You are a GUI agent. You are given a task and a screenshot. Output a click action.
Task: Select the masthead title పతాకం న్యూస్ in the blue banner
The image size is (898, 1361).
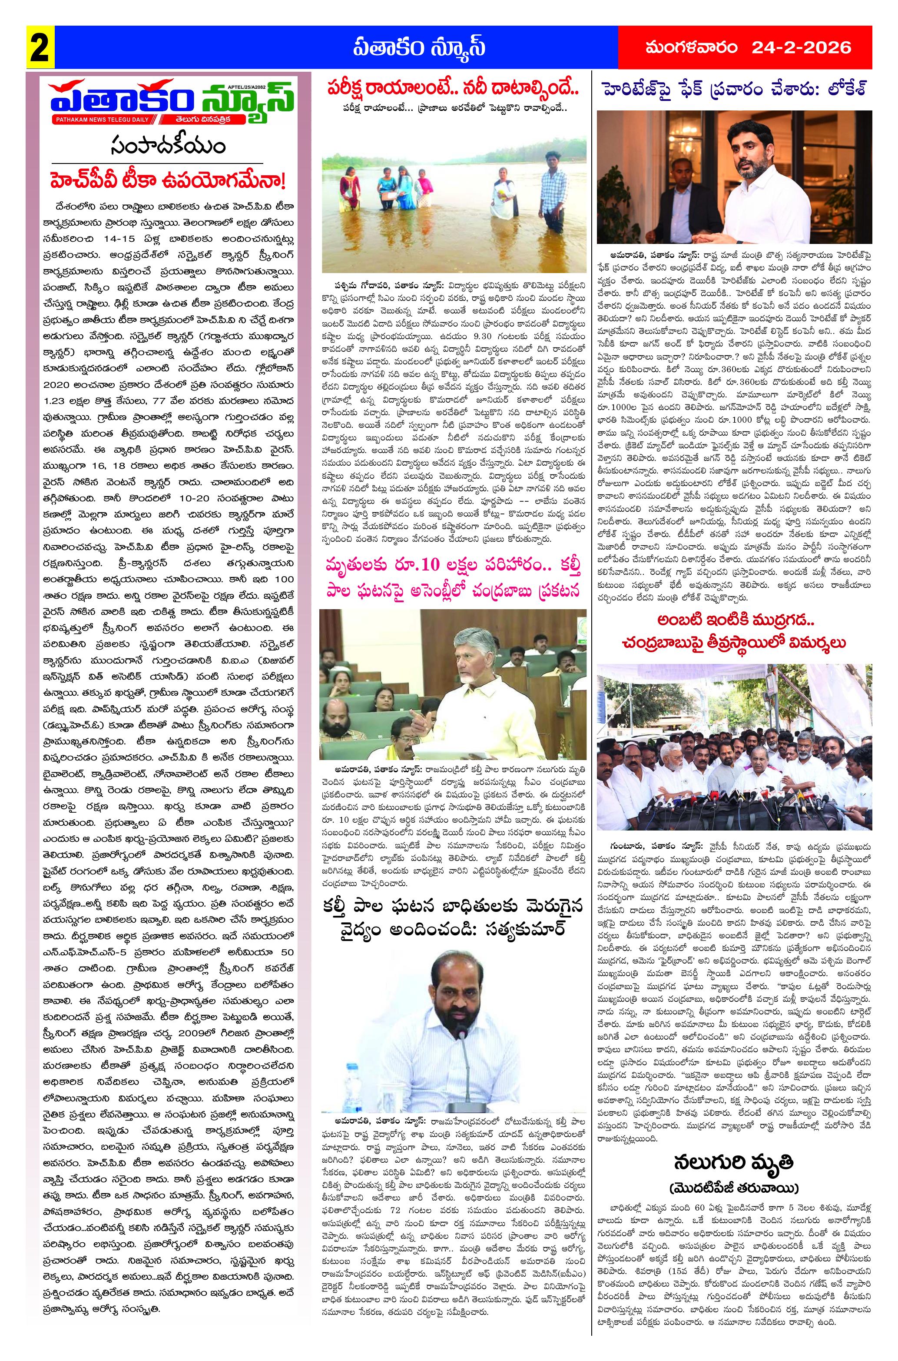pyautogui.click(x=419, y=47)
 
